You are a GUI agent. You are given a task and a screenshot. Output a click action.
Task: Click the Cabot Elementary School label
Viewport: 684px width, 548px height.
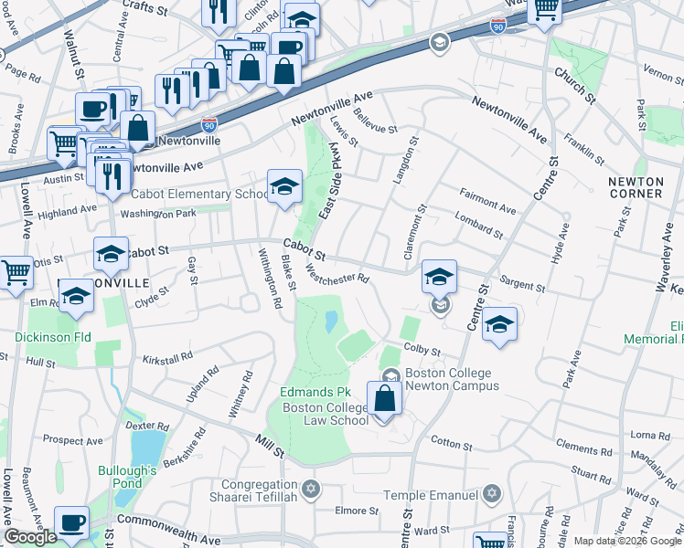199,195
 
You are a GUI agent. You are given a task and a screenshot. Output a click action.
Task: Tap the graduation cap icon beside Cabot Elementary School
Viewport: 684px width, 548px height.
284,188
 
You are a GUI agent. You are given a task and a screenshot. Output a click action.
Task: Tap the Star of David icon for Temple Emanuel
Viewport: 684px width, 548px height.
492,494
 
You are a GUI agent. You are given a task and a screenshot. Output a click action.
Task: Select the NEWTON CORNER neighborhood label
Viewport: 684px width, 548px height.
636,187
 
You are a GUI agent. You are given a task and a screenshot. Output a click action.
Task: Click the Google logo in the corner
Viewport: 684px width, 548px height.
30,537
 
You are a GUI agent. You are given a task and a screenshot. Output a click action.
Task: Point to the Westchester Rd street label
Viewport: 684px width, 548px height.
337,272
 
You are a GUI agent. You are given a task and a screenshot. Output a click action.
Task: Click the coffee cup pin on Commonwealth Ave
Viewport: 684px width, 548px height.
71,524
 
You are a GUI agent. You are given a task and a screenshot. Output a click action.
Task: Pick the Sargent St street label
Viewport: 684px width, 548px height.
522,286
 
